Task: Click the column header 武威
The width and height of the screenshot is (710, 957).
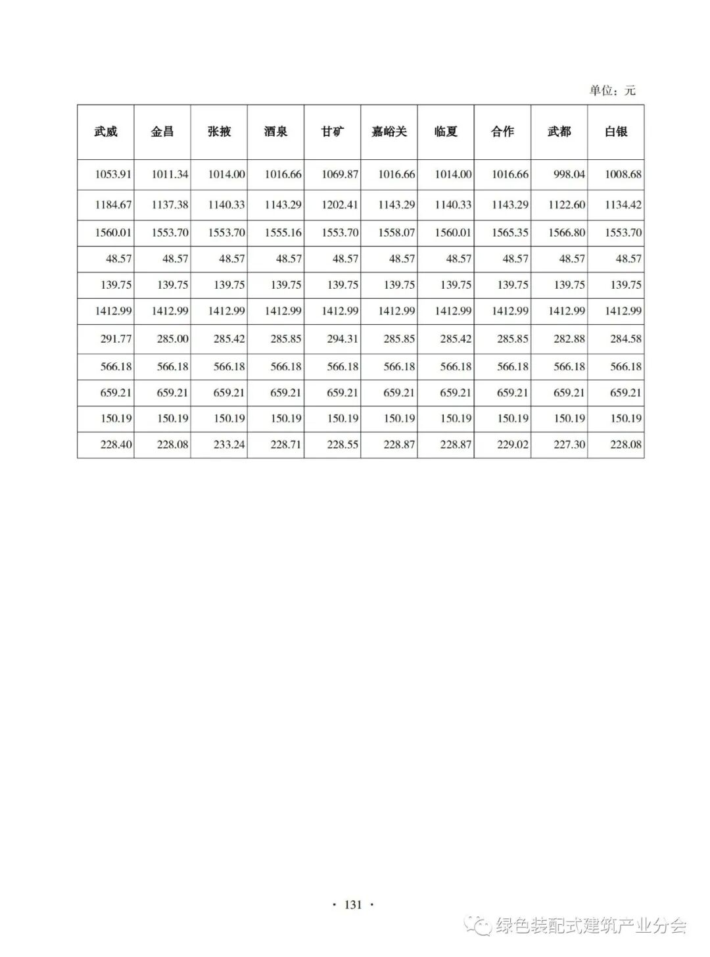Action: click(106, 132)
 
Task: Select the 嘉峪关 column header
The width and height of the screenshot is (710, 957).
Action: click(389, 132)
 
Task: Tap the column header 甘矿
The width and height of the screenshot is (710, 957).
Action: click(333, 132)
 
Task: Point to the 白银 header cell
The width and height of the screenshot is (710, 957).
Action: click(616, 132)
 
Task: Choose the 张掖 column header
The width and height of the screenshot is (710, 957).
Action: click(220, 132)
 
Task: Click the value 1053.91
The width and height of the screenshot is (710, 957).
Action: click(113, 174)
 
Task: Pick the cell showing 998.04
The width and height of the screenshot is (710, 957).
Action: click(567, 174)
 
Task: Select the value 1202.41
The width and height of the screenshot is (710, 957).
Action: click(340, 205)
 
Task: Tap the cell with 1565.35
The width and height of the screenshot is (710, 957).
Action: click(510, 232)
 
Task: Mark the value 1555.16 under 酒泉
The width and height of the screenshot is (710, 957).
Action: click(283, 232)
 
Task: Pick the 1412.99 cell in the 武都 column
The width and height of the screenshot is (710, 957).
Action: click(567, 310)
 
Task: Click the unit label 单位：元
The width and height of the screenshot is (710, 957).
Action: click(612, 91)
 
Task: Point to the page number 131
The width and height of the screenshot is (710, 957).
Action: click(353, 904)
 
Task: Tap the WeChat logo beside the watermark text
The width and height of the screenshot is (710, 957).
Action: click(479, 925)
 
